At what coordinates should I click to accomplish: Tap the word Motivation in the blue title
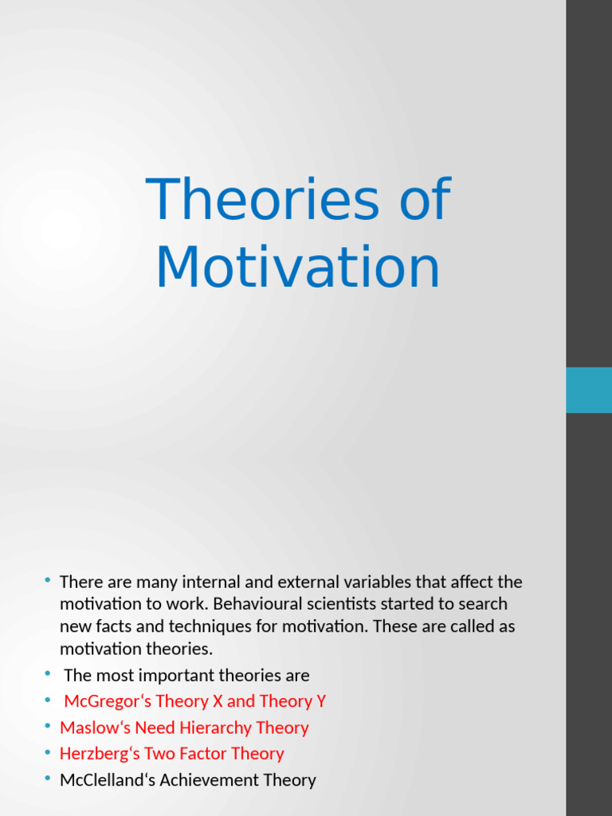coord(297,269)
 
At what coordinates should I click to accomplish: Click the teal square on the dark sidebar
coord(588,390)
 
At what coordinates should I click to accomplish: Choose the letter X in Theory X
coord(218,702)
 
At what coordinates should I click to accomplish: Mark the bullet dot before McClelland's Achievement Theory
coord(48,779)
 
